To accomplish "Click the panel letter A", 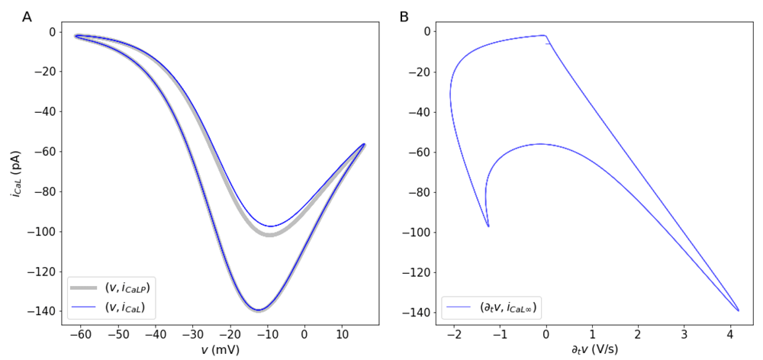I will click(27, 16).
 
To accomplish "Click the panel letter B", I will click(404, 16).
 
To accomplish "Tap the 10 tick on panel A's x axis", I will click(342, 334).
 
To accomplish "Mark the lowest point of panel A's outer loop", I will click(259, 310).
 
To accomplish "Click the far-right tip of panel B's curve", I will click(738, 310).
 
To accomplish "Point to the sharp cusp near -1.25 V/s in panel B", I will click(488, 227).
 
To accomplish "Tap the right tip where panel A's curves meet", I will click(364, 143).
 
